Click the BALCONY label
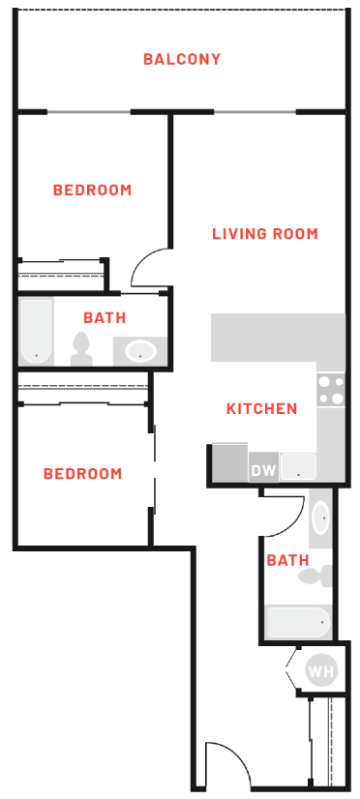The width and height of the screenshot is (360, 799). (x=182, y=59)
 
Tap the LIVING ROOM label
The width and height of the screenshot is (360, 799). (x=264, y=233)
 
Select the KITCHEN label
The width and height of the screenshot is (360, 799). (x=261, y=408)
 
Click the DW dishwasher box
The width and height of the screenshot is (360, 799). (x=263, y=470)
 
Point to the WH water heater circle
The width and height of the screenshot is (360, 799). (x=318, y=668)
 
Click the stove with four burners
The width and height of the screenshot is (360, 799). (x=331, y=389)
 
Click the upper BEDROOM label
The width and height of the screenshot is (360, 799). (x=92, y=190)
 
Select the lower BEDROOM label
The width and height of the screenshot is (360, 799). (x=82, y=473)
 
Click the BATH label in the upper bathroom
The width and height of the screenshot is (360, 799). (x=104, y=317)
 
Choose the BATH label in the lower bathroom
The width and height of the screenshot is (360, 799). (x=287, y=560)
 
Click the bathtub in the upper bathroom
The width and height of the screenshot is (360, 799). (x=37, y=331)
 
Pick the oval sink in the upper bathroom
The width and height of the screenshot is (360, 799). (x=141, y=350)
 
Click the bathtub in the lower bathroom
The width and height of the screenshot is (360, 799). (x=297, y=622)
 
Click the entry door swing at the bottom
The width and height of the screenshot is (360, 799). (x=226, y=764)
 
